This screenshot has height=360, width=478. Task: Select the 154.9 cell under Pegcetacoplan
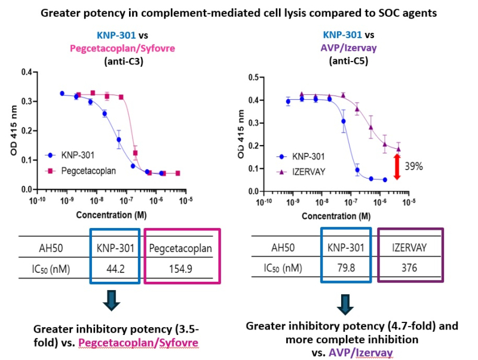pyautogui.click(x=181, y=269)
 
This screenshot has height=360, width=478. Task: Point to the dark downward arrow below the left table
pyautogui.click(x=111, y=301)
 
